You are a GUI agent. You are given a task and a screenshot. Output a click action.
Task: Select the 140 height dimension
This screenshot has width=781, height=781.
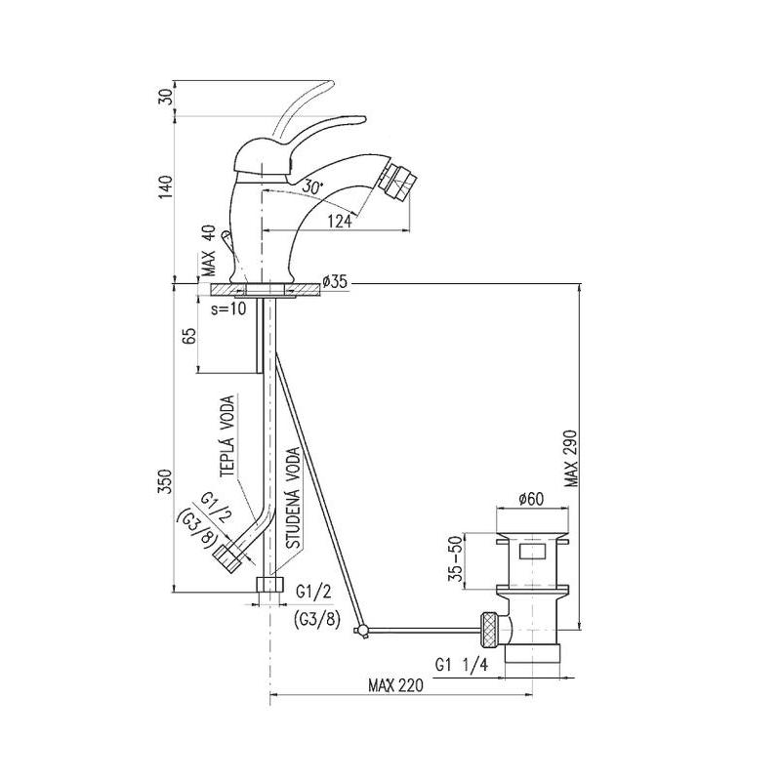[x=167, y=187]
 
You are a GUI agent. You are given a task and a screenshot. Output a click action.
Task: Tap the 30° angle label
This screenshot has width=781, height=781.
[x=313, y=186]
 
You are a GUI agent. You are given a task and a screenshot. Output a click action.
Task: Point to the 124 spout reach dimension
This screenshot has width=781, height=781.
[x=340, y=221]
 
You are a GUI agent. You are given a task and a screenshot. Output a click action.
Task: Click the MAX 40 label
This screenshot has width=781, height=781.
[x=210, y=251]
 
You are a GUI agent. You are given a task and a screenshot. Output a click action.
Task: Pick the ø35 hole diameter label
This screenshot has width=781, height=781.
[x=334, y=282]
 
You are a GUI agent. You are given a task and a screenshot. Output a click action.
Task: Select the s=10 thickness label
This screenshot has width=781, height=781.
[x=228, y=308]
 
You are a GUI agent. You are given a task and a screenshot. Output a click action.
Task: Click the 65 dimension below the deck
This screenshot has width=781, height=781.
[x=189, y=337]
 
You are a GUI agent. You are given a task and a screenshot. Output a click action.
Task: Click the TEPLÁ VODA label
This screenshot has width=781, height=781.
[x=227, y=436]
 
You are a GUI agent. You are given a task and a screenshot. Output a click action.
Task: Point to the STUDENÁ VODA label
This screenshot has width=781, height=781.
[x=294, y=499]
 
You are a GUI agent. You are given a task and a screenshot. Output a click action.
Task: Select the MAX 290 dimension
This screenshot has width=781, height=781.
[x=571, y=458]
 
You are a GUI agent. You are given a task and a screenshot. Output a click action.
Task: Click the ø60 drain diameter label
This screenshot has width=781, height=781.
[x=531, y=498]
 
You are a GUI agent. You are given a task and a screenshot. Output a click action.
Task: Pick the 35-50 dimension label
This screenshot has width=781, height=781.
[x=456, y=557]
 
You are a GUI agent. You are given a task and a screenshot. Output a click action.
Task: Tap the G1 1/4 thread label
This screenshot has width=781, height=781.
[x=462, y=665]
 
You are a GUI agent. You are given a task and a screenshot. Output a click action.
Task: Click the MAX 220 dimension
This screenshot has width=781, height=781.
[x=396, y=685]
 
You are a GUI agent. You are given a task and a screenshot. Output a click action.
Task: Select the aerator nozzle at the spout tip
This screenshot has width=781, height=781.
[x=396, y=179]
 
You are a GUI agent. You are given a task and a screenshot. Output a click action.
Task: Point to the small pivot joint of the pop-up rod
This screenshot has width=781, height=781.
[x=361, y=631]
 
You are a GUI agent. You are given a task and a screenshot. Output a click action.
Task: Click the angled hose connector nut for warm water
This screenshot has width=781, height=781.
[x=228, y=558]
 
